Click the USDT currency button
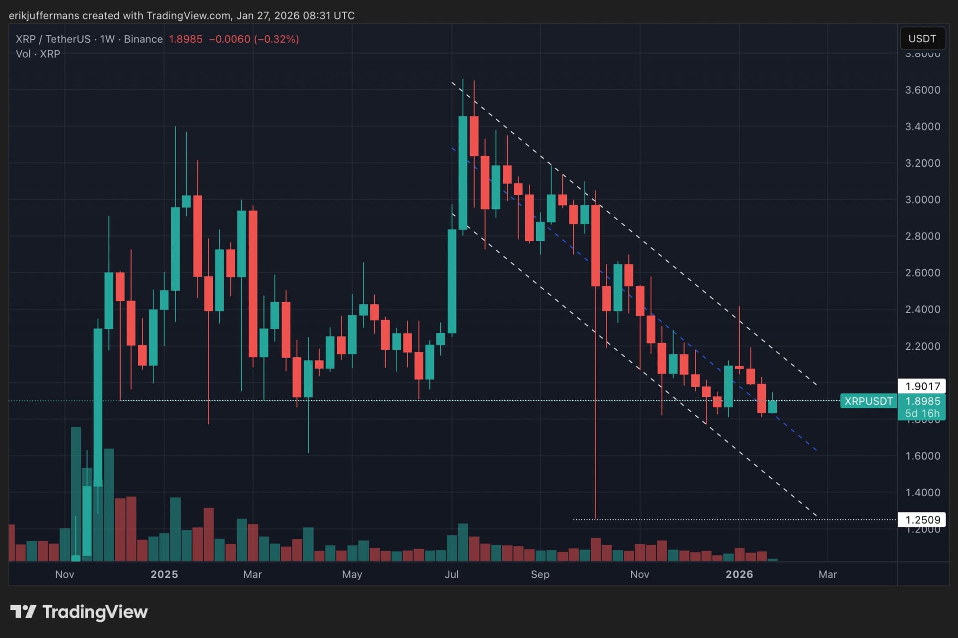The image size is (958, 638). [x=922, y=39]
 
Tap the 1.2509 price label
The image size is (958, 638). [x=922, y=519]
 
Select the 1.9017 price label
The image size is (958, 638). [x=922, y=386]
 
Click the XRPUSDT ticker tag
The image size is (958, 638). [x=868, y=401]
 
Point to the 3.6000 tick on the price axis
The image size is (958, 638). [x=922, y=90]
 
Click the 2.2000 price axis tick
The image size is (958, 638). [x=922, y=346]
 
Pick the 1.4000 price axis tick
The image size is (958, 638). [x=922, y=492]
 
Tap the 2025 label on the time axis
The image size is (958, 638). [x=164, y=574]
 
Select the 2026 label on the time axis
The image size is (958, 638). [x=739, y=574]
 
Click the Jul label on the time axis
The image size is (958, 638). [x=452, y=574]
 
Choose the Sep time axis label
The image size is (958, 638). [x=540, y=574]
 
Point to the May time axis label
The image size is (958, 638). [x=352, y=574]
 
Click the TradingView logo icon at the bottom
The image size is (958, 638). [x=23, y=612]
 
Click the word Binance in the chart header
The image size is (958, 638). [x=143, y=39]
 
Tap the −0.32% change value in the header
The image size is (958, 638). [x=276, y=39]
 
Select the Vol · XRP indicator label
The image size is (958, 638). [x=38, y=54]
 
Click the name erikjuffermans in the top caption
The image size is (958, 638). [x=44, y=15]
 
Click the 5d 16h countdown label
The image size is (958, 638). [x=922, y=413]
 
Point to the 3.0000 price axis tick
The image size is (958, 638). [x=922, y=199]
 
